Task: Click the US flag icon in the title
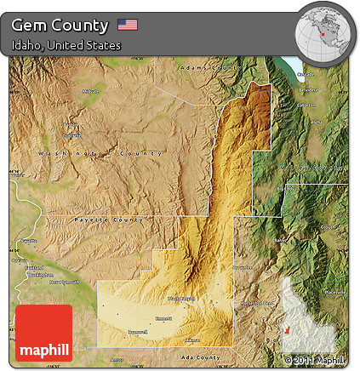(128, 24)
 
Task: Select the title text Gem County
(60, 25)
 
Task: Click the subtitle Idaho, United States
(66, 45)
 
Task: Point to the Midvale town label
(90, 92)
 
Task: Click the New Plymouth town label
(63, 281)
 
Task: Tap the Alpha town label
(316, 122)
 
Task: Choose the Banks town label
(280, 240)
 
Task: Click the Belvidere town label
(308, 89)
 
